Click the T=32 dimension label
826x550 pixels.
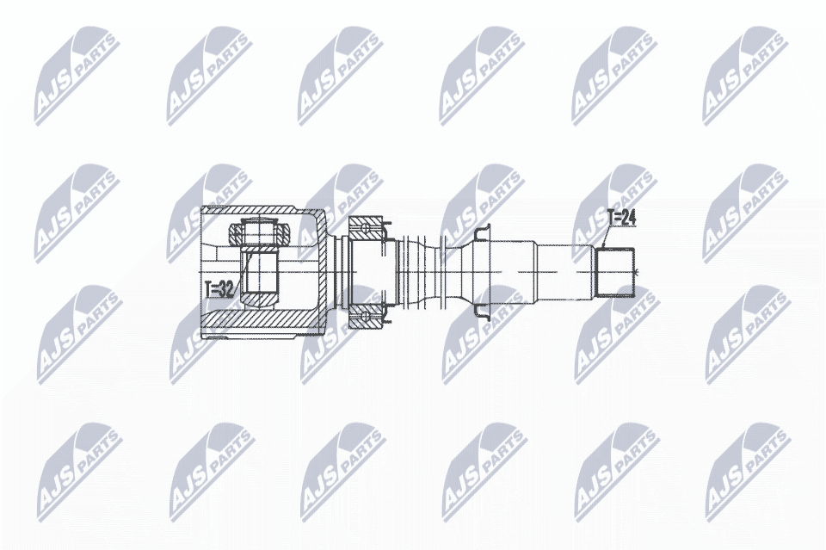click(219, 289)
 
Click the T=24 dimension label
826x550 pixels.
click(621, 219)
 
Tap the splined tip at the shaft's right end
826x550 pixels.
click(616, 270)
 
